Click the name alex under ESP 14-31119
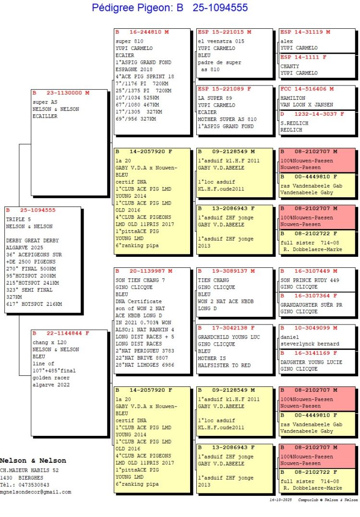287,41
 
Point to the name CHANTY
289,66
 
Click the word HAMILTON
293,98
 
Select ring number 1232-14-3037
315,114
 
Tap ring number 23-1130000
64,93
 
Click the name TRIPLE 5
18,219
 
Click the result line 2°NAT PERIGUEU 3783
145,351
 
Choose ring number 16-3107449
312,271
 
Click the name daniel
289,337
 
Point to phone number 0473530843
34,485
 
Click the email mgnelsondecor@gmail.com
36,492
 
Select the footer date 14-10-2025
280,500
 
